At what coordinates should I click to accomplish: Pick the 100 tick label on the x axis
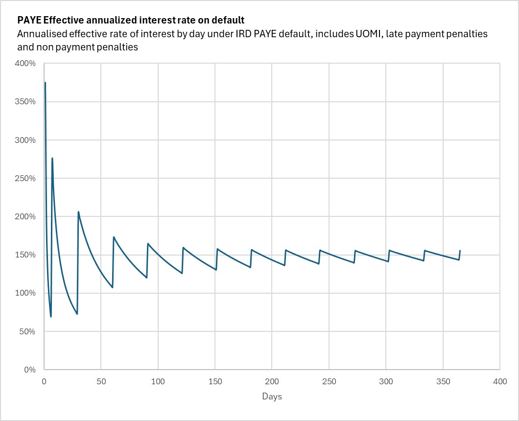pyautogui.click(x=158, y=381)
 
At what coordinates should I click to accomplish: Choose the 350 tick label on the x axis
pyautogui.click(x=443, y=381)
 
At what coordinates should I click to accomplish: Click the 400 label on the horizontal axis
pyautogui.click(x=499, y=381)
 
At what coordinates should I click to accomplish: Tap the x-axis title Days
pyautogui.click(x=272, y=396)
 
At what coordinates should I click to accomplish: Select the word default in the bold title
pyautogui.click(x=229, y=21)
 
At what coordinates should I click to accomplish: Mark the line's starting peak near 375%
pyautogui.click(x=45, y=82)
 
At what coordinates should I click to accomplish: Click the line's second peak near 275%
pyautogui.click(x=52, y=158)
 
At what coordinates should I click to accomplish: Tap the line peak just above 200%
pyautogui.click(x=78, y=212)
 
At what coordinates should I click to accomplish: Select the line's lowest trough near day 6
pyautogui.click(x=51, y=317)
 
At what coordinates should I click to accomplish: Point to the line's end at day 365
pyautogui.click(x=460, y=251)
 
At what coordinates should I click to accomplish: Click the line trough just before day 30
pyautogui.click(x=77, y=314)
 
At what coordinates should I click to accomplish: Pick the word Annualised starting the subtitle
pyautogui.click(x=41, y=34)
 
